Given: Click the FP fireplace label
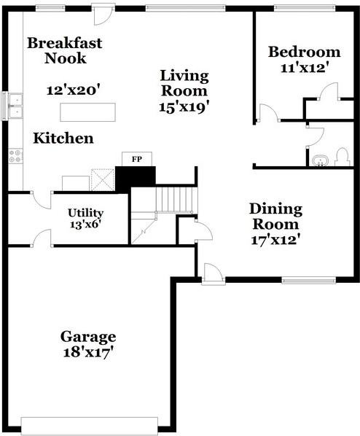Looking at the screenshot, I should coord(136,158).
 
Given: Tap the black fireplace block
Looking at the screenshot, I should coord(136,176).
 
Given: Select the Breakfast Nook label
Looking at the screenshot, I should coord(64,50).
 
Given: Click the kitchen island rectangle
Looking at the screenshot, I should coord(88,112).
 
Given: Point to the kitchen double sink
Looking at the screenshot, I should coord(13,106).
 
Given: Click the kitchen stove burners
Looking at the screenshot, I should coord(15,155).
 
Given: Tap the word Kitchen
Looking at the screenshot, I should coord(63,138).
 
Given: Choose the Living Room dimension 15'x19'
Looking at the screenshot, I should coord(184,106).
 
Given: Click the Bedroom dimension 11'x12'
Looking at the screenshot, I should coord(304,68).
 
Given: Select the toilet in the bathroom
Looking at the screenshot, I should coord(341,157).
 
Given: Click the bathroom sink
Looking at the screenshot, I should coord(318,159).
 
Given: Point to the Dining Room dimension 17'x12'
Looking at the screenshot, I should coord(274,238).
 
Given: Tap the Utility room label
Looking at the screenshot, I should coord(86,213).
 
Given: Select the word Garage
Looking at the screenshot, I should coord(87,337).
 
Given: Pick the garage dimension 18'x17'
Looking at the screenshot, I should coord(87,353).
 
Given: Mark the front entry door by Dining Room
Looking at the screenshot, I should coord(213,274).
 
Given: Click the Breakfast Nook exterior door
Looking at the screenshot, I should coord(103,12).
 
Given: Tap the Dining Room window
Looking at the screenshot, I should coord(308,279).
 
